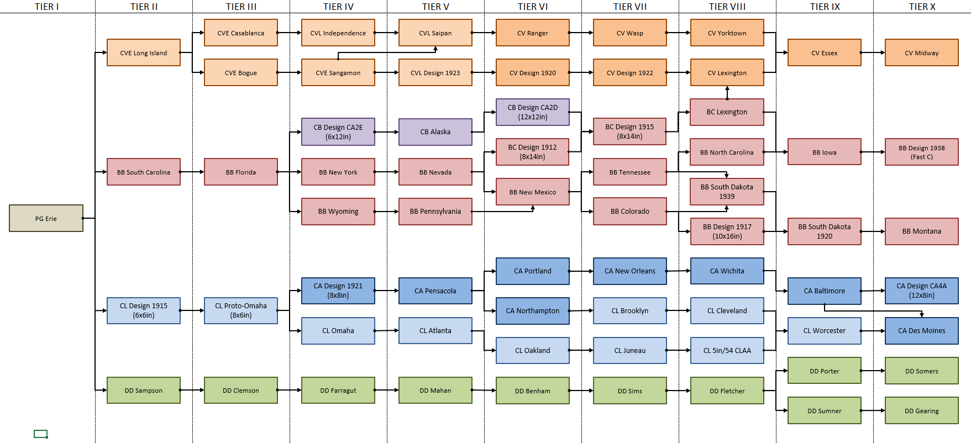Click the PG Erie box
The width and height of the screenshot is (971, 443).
point(46,218)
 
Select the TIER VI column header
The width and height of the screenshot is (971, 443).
point(532,7)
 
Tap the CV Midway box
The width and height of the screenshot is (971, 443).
point(921,52)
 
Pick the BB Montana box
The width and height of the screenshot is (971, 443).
point(921,231)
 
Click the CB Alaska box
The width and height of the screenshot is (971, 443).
point(435,131)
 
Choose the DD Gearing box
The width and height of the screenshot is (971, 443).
point(921,410)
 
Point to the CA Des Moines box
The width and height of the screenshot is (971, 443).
point(921,330)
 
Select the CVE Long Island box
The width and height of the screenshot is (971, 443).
point(143,52)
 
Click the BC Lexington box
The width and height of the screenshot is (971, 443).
point(727,112)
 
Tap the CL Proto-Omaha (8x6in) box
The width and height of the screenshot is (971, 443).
point(240,310)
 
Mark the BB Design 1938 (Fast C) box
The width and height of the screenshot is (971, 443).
point(921,152)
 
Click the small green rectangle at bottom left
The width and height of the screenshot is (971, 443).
point(40,434)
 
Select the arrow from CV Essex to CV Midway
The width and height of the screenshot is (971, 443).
point(873,52)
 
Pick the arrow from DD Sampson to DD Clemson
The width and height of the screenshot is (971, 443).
point(192,390)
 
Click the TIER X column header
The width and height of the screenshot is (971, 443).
point(922,7)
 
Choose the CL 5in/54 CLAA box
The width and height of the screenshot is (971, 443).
point(727,350)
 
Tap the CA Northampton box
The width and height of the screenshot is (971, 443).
point(532,310)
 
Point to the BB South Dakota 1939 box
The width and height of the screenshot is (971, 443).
point(727,191)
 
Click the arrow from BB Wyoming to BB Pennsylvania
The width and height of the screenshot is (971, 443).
point(386,212)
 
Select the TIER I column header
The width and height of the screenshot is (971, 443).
point(46,7)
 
